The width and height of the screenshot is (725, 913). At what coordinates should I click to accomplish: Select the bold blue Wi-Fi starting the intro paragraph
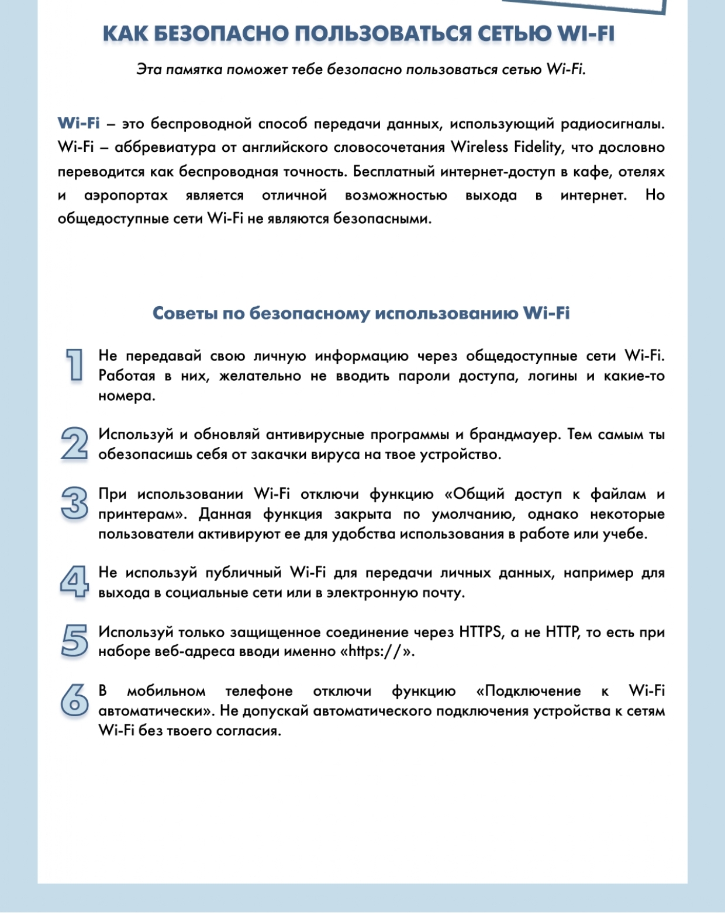coord(78,123)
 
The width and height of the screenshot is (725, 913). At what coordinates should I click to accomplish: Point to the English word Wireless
coord(479,147)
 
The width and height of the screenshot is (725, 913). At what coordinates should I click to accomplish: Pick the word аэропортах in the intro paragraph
coord(126,195)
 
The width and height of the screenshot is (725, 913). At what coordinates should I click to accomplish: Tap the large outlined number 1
coord(74,365)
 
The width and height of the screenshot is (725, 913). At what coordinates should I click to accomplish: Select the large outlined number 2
coord(74,443)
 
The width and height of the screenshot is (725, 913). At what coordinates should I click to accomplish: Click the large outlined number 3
coord(74,503)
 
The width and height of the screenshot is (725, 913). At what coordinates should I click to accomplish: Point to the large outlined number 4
coord(74,581)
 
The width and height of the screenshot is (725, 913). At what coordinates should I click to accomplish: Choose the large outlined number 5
coord(74,640)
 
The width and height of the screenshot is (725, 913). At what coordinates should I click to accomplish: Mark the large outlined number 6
coord(74,699)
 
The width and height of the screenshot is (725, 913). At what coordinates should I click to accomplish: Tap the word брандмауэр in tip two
coord(513,435)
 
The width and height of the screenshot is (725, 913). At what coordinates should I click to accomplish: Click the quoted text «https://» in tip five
coord(377,651)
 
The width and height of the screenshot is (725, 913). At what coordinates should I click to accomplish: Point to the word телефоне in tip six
coord(259,691)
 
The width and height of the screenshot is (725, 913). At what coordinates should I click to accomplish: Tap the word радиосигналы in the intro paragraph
coord(612,123)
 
